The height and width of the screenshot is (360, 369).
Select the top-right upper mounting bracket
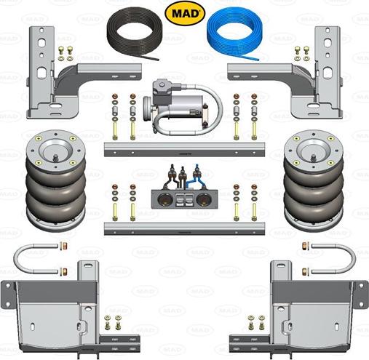306,80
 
